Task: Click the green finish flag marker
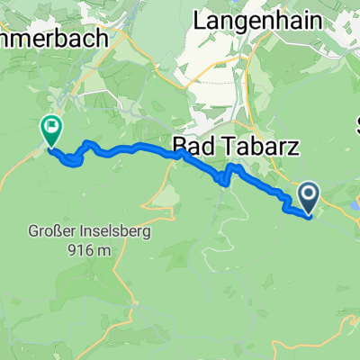coord(51,131)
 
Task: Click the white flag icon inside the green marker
coord(51,128)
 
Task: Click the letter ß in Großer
coord(64,230)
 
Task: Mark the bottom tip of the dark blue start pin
coord(309,214)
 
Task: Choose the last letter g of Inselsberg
coord(145,232)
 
